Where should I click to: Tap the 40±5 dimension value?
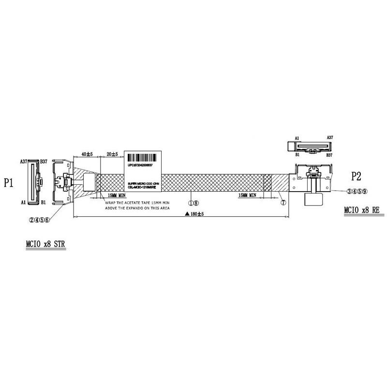pos(87,154)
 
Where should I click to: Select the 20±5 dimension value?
pos(112,154)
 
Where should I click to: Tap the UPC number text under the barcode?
pos(143,164)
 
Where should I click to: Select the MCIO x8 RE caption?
pos(361,210)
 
